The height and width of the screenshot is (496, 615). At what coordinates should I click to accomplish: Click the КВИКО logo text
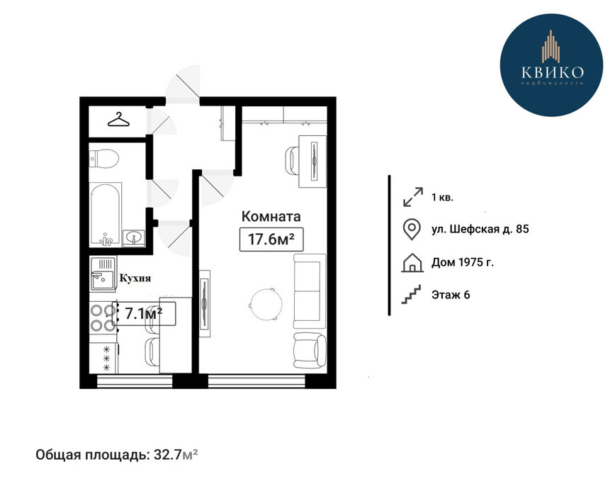coord(552,72)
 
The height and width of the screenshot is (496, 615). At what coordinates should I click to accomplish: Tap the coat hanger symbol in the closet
coord(118,120)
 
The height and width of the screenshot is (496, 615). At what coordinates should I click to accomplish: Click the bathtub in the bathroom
coord(106,215)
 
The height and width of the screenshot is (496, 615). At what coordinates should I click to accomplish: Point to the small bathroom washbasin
coord(134,238)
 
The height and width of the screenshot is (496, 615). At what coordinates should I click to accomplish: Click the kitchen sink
coord(103,274)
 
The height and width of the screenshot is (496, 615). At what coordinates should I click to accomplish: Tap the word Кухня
coord(135,278)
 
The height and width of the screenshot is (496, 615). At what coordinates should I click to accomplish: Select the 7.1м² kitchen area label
coord(144,314)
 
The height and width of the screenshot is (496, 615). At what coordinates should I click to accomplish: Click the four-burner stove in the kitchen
coord(103,317)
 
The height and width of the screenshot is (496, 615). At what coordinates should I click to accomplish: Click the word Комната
coord(271,216)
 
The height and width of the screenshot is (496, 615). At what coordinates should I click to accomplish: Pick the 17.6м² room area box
coord(271,239)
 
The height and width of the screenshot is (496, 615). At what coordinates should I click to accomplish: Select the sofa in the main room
coord(310,291)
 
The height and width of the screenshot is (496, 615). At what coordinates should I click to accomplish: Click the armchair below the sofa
coord(310,351)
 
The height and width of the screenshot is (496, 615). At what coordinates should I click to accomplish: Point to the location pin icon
coord(412,229)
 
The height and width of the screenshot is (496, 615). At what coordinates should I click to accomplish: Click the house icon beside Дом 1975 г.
coord(412,263)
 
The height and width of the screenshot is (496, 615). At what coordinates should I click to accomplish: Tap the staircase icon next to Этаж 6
coord(411,294)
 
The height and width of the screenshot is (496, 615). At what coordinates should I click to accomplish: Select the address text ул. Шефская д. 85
coord(480,229)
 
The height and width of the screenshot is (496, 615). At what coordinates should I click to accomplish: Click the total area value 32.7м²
coord(176,455)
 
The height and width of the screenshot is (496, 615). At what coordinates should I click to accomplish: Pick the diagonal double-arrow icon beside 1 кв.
coord(413,197)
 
